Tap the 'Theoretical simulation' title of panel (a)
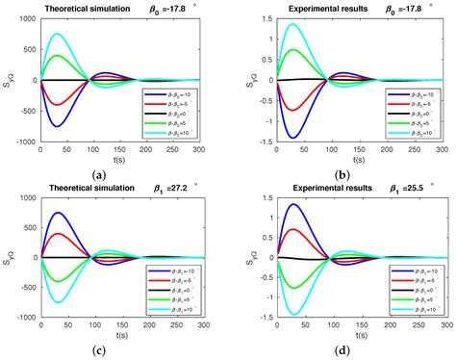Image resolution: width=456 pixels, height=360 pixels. [x=98, y=9]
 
